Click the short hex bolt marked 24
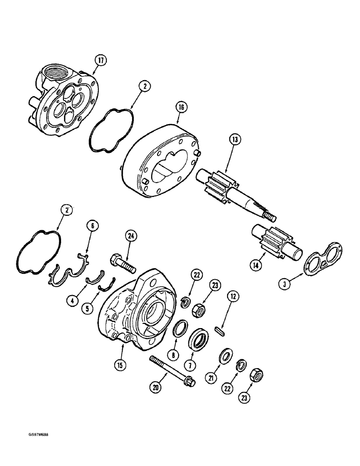click(122, 262)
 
